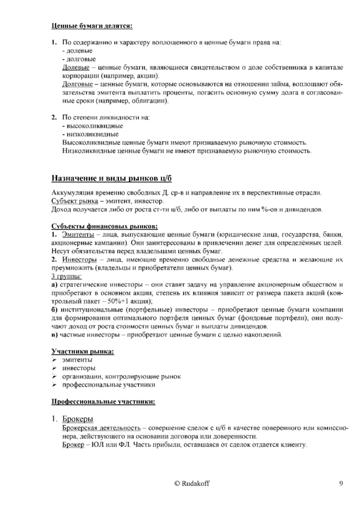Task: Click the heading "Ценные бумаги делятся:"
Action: [92, 26]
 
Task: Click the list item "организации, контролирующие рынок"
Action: [121, 376]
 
